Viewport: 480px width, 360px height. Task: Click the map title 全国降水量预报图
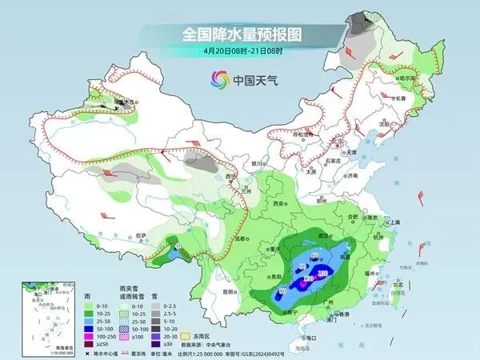(239, 34)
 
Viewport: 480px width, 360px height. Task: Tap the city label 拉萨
(141, 235)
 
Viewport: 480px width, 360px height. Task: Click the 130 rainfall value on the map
(322, 274)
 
